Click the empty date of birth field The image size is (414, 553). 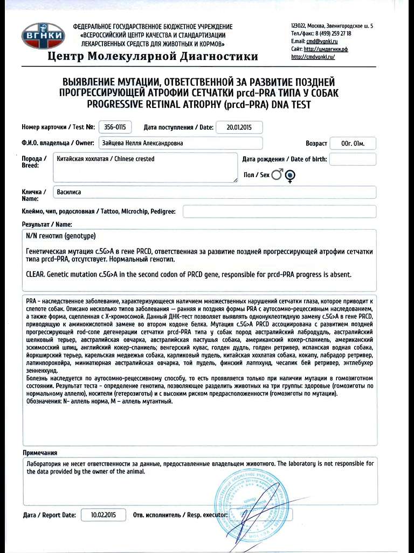point(352,159)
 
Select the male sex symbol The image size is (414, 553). point(277,174)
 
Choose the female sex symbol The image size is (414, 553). point(291,175)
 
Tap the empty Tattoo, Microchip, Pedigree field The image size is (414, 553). point(279,211)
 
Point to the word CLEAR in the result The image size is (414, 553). point(35,274)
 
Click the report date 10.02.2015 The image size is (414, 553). point(102,515)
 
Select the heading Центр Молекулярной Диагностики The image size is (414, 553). point(153,57)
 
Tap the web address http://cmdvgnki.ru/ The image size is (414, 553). point(313,57)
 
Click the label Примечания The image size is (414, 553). point(40,453)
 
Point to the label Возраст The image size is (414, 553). point(316,144)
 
